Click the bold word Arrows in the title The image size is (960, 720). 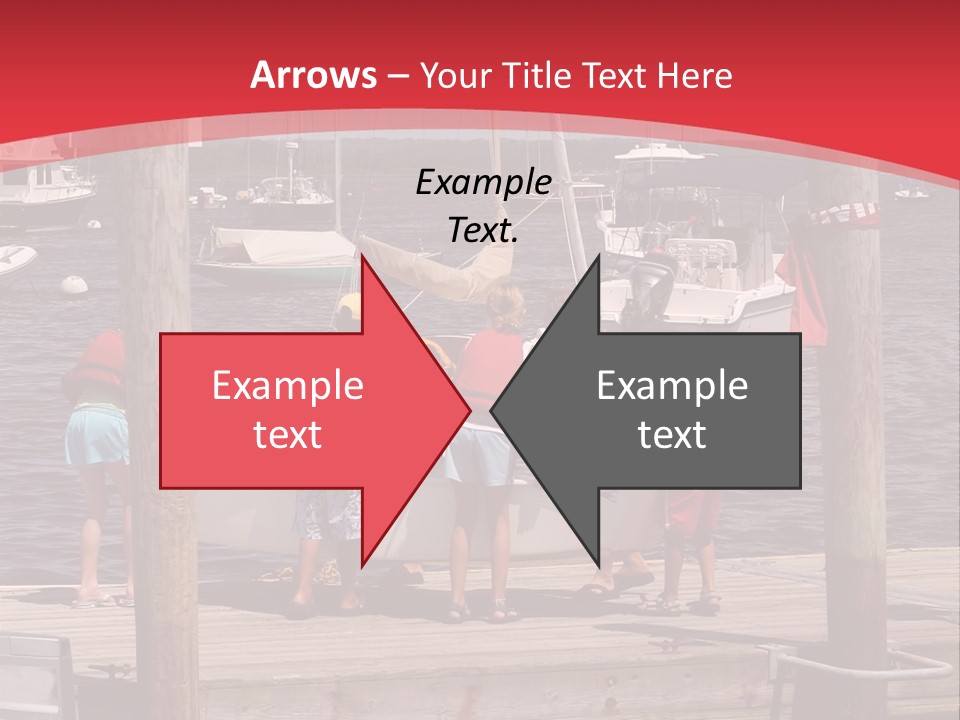click(313, 75)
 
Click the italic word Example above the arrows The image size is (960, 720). click(483, 183)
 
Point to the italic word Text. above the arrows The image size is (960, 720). click(483, 231)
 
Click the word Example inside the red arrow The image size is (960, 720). click(288, 386)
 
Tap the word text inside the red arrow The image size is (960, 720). click(288, 434)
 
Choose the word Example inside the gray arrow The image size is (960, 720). click(672, 386)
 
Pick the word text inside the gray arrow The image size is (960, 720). click(672, 434)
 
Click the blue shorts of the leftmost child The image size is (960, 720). click(96, 438)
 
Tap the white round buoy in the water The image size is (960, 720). click(74, 284)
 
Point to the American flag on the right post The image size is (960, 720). click(846, 212)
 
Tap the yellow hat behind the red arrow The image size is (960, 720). click(348, 306)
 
